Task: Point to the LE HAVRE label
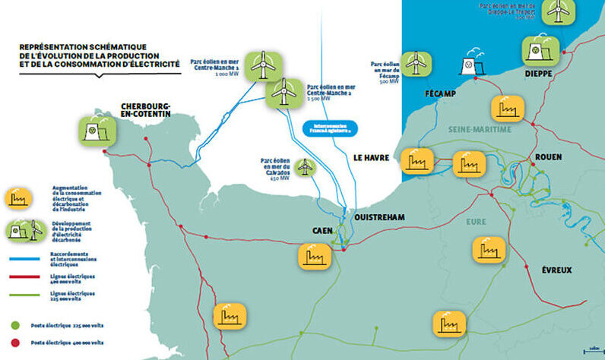(372, 157)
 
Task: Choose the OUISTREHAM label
(380, 217)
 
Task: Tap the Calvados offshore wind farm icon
(305, 166)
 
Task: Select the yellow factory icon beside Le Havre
(417, 161)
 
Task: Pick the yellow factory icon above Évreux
(489, 250)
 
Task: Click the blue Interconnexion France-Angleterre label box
(329, 128)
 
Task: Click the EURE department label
(477, 220)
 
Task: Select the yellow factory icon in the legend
(20, 199)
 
